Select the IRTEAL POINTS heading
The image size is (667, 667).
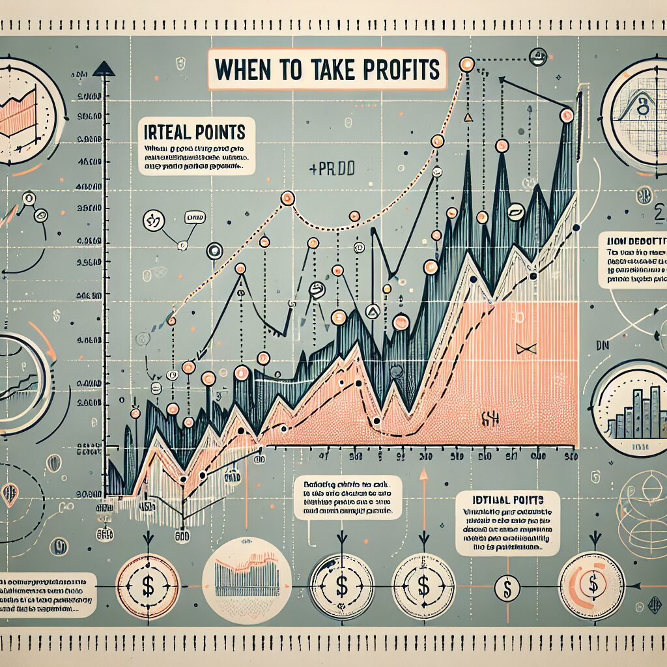[x=195, y=132]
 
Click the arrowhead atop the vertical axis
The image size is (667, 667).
[x=104, y=68]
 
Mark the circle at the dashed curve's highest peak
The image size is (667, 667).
[x=466, y=64]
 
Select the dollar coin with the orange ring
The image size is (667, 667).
[x=591, y=581]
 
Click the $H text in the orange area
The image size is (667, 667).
[x=490, y=418]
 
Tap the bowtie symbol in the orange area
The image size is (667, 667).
[x=525, y=348]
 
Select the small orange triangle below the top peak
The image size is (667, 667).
[x=467, y=118]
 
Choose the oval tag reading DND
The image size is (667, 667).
[x=194, y=215]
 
